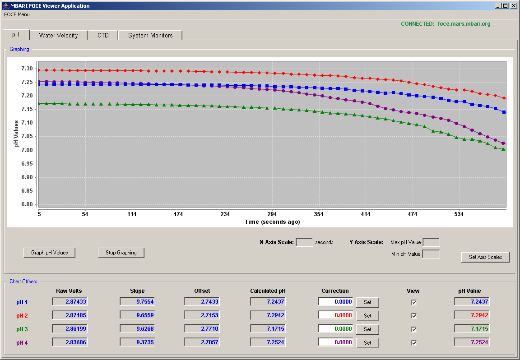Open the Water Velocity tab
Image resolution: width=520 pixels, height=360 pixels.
(x=58, y=35)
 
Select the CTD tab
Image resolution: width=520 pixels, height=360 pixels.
(x=103, y=35)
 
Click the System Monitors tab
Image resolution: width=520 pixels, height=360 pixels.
(x=150, y=35)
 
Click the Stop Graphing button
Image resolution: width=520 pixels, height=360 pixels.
(x=121, y=253)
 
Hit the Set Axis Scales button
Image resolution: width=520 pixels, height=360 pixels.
(x=485, y=257)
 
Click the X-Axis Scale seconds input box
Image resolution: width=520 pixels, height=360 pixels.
(x=304, y=242)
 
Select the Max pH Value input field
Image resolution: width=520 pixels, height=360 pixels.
(x=432, y=242)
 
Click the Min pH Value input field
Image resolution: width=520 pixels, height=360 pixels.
(x=432, y=254)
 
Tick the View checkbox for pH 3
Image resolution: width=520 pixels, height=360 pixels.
(x=414, y=329)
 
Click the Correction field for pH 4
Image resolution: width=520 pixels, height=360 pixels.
(x=336, y=342)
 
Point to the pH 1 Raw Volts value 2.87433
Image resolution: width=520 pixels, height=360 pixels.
(x=70, y=302)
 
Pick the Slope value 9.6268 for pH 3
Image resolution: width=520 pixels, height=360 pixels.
(x=137, y=329)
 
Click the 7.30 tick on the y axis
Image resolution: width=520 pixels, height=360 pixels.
(x=27, y=69)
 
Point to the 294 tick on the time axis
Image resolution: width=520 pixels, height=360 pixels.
(x=272, y=214)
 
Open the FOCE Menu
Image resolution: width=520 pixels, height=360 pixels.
(x=17, y=14)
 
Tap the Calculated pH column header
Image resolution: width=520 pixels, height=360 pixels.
(x=268, y=291)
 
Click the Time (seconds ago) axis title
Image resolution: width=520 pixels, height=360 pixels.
(x=272, y=222)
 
